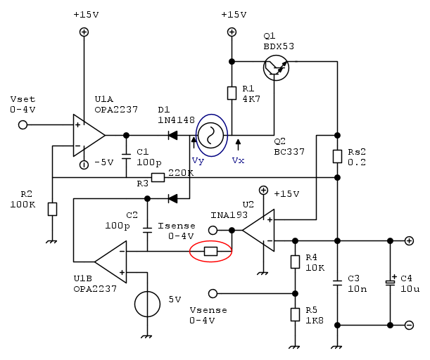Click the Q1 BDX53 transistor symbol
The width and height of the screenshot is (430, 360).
[274, 68]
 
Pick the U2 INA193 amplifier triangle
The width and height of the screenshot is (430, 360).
[258, 229]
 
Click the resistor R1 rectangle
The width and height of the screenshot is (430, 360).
[232, 94]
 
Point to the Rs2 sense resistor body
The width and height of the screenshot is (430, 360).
[337, 157]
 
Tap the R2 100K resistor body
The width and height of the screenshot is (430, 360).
[52, 209]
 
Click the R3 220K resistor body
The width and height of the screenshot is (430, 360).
[158, 178]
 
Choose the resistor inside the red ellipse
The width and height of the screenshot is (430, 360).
[210, 251]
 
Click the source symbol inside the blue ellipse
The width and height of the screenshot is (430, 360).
[210, 135]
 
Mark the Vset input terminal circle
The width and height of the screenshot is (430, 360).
[23, 124]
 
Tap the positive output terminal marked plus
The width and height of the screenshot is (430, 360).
[409, 240]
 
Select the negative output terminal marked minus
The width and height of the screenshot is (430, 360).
[409, 325]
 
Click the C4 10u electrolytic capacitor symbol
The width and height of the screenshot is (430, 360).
[390, 282]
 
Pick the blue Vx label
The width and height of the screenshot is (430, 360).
[238, 160]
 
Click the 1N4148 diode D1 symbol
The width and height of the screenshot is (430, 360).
[172, 135]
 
